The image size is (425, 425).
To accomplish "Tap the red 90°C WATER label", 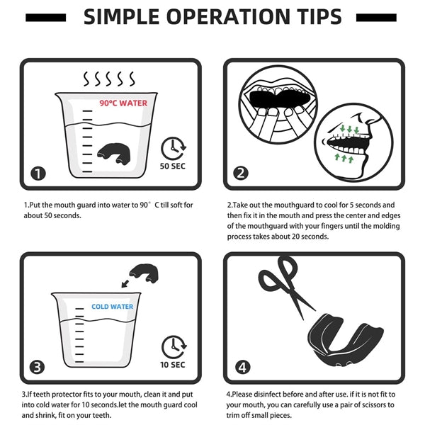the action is point(123,103).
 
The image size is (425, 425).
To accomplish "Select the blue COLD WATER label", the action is point(112,307).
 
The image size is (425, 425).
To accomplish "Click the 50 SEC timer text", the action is point(173,166).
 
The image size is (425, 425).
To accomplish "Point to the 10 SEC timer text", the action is point(173,365).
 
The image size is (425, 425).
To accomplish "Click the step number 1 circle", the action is point(38,174).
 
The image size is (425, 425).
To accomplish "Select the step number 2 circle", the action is point(241,173).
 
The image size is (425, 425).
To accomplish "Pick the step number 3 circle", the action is point(37,367).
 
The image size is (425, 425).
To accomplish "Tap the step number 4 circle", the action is point(242,367).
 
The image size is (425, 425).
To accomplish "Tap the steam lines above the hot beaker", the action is point(108,79).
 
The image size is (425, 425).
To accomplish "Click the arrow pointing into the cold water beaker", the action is point(125,283).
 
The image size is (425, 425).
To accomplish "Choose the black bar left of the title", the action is point(46,18).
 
